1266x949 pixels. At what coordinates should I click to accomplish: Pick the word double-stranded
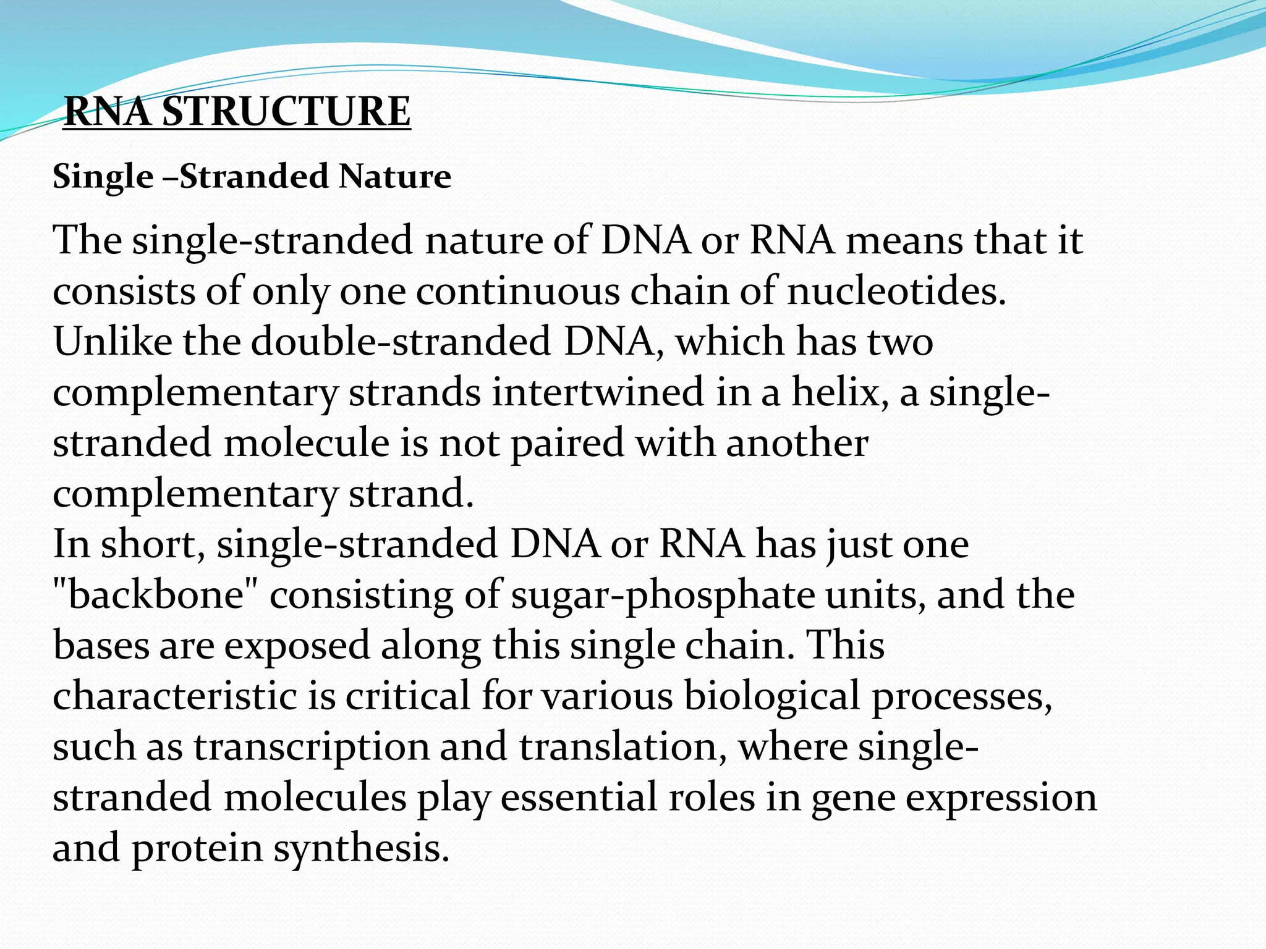(x=401, y=341)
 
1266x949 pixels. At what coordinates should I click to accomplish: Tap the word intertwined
(x=597, y=392)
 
